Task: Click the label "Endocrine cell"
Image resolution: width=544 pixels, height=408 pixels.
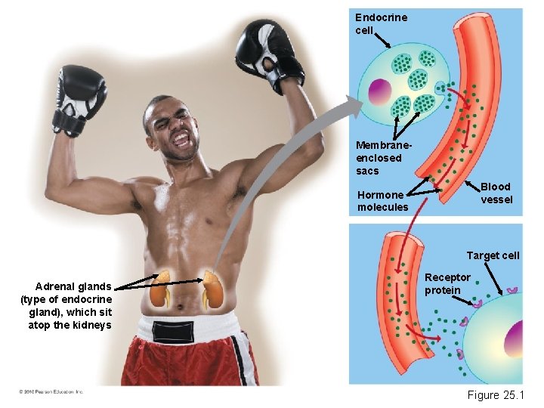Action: (381, 24)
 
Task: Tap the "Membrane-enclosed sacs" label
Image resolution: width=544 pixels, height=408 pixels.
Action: (379, 158)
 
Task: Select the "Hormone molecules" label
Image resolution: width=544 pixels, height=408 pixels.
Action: (382, 201)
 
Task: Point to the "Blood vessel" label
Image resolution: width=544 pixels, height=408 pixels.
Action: (496, 193)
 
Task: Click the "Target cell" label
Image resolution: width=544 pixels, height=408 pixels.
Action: (493, 255)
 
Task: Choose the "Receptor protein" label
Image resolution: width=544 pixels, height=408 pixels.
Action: (447, 283)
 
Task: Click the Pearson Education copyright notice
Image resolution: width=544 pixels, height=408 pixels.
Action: (51, 391)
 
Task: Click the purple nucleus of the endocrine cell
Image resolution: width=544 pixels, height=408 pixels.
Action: (379, 92)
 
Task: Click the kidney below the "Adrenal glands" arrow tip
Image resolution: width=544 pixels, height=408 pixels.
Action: (159, 293)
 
